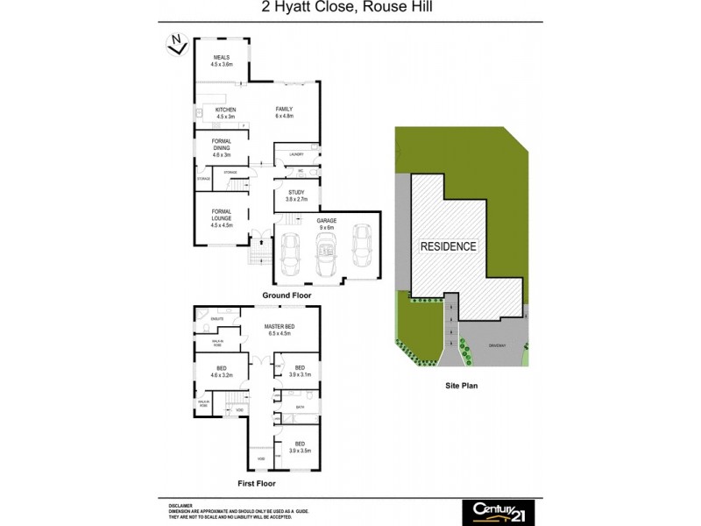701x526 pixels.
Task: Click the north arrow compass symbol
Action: [178, 44]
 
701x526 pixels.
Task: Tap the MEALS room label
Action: [221, 60]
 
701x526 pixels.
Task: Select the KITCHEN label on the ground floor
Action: [226, 112]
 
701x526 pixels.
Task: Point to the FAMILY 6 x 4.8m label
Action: [284, 112]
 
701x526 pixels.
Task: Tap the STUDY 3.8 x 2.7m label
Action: [296, 196]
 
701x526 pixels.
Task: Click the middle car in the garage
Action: [326, 252]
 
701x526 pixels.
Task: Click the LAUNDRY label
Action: [296, 154]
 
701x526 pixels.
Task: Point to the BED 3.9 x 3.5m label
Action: [300, 447]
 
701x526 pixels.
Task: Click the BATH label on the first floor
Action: [300, 407]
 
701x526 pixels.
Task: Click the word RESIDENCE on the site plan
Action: [449, 246]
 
